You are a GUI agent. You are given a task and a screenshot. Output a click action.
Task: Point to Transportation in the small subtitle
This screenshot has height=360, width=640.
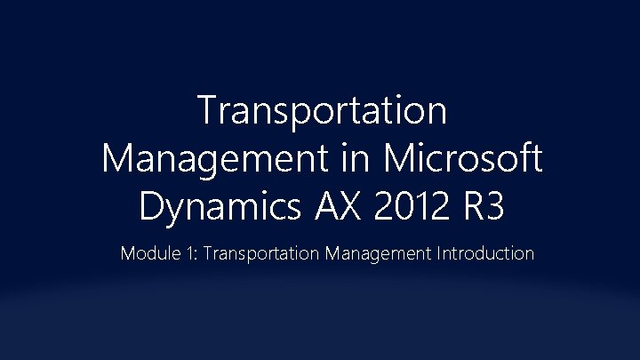pyautogui.click(x=262, y=254)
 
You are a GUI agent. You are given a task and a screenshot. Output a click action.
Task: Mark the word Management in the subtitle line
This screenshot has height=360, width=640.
pyautogui.click(x=378, y=254)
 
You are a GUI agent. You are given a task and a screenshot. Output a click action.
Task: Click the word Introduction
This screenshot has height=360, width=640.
pyautogui.click(x=485, y=254)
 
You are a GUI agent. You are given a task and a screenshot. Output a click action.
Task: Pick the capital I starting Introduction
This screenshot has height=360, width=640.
pyautogui.click(x=438, y=254)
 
